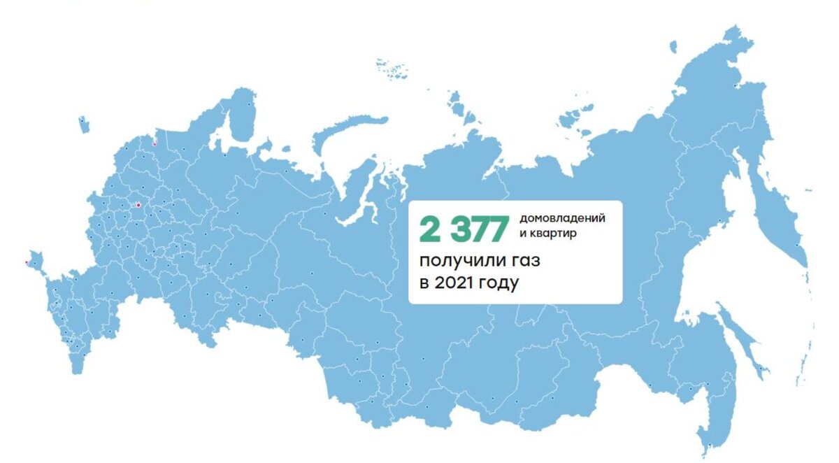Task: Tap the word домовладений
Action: (562, 218)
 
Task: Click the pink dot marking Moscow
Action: (138, 205)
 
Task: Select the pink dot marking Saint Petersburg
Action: (154, 145)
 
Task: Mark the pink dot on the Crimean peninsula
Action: (26, 262)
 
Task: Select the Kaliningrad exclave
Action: (83, 124)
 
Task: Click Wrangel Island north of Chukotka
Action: (673, 46)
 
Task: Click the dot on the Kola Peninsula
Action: (249, 104)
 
